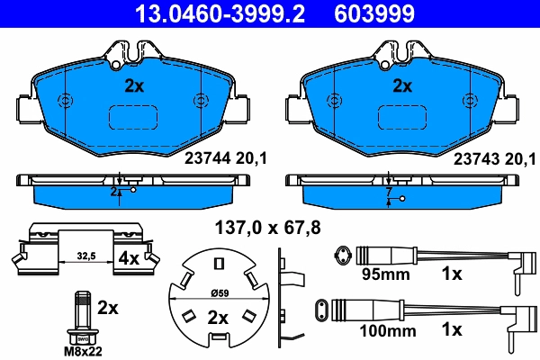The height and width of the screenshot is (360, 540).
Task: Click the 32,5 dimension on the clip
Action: pyautogui.click(x=85, y=256)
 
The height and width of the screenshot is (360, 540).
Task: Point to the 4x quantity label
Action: pyautogui.click(x=129, y=258)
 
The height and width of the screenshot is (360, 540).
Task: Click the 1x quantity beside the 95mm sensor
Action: pyautogui.click(x=450, y=272)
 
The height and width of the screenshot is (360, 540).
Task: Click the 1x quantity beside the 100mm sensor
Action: pyautogui.click(x=450, y=330)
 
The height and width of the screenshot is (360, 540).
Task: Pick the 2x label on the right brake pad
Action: pyautogui.click(x=401, y=87)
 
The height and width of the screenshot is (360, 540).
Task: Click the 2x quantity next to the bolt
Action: pyautogui.click(x=107, y=308)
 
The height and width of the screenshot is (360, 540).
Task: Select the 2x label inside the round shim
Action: pyautogui.click(x=218, y=317)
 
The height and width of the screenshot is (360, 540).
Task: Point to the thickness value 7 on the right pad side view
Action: pyautogui.click(x=388, y=193)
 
